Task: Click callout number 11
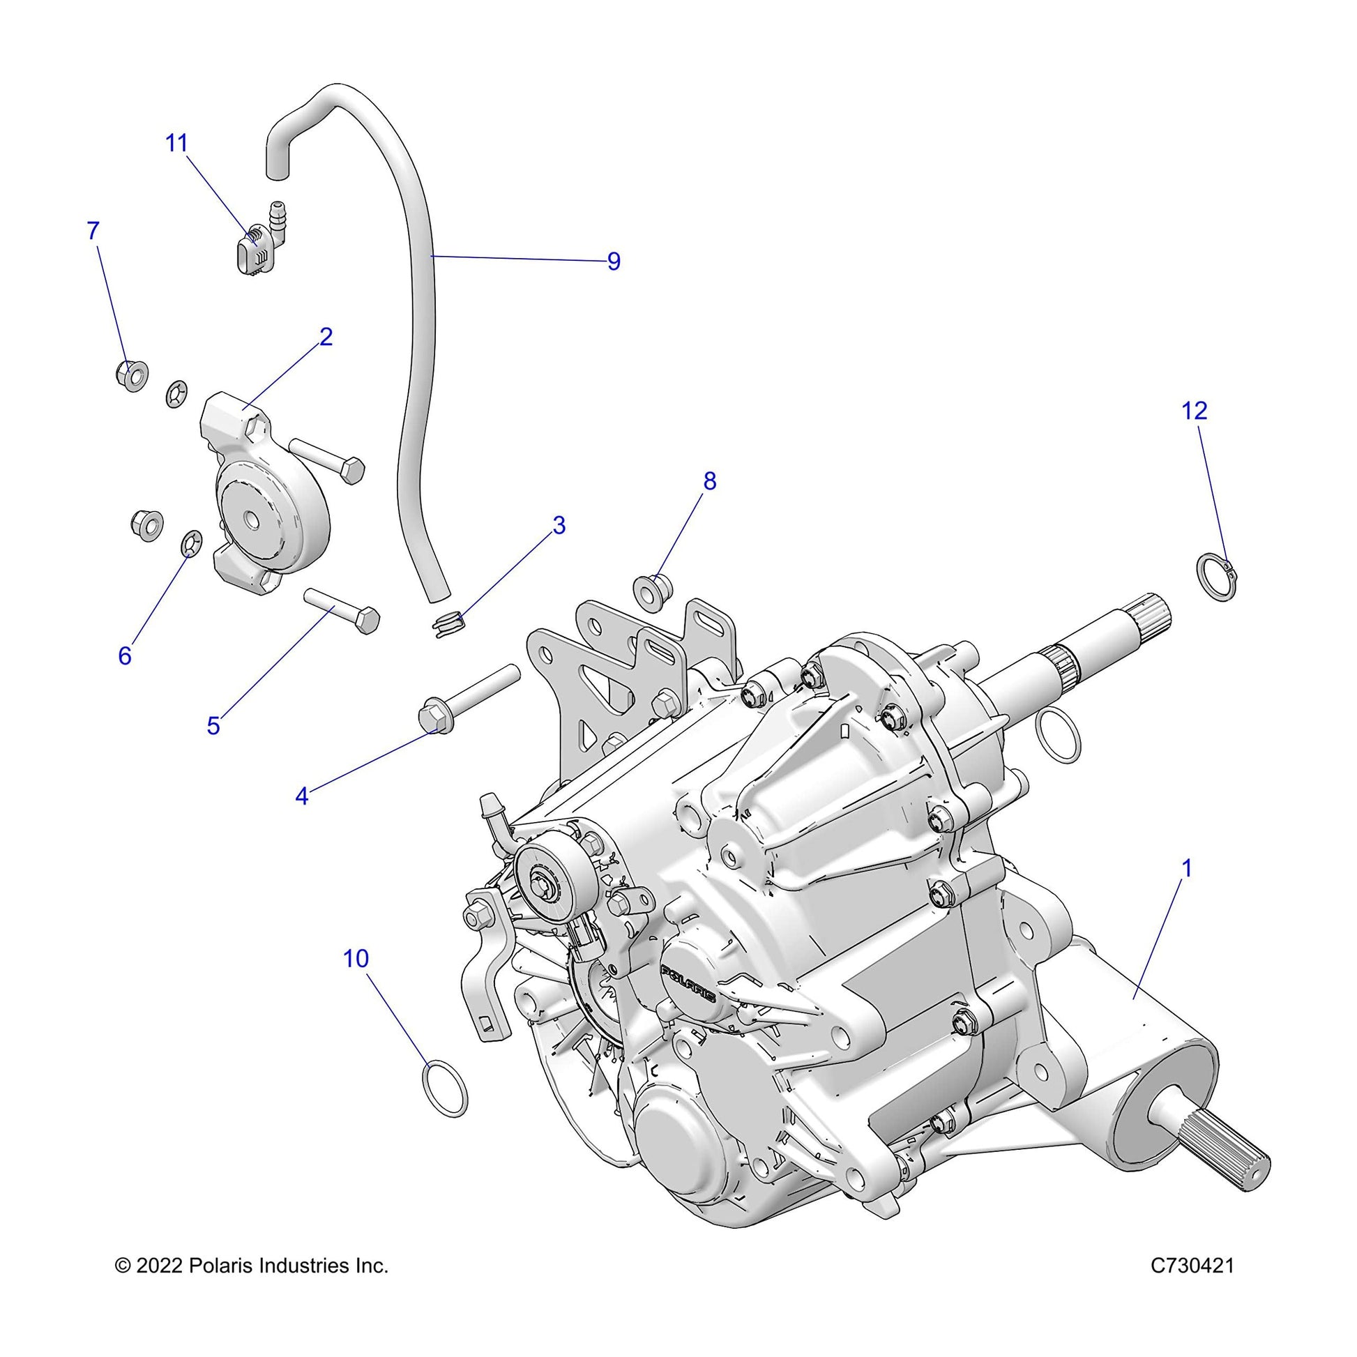(x=176, y=143)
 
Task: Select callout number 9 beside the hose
(x=614, y=261)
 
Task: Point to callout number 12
(x=1194, y=410)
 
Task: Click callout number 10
(x=356, y=959)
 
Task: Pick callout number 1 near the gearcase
(x=1186, y=869)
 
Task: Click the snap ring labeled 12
(x=1216, y=578)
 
